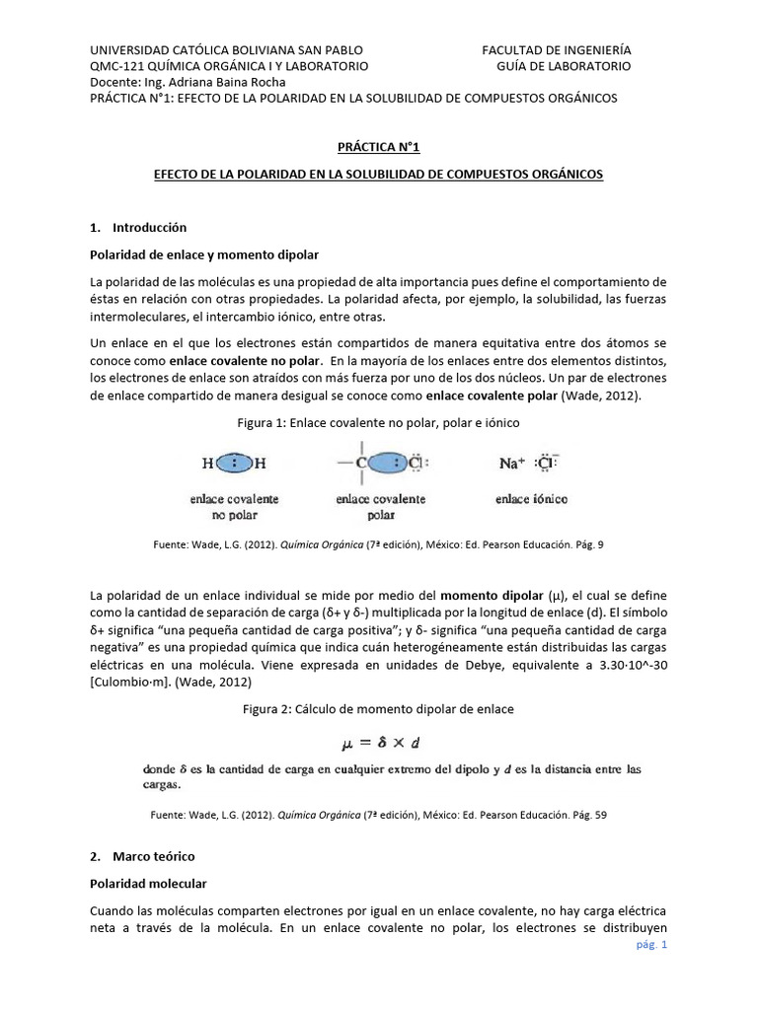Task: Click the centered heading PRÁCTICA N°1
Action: pos(378,148)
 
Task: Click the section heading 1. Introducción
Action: pos(137,227)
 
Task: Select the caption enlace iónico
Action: pos(531,500)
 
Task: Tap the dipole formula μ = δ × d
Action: pos(378,742)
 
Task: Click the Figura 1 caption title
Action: pos(378,421)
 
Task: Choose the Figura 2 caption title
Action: pos(378,709)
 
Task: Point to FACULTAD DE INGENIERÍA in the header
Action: pos(557,49)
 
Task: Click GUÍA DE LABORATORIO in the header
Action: pos(563,66)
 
